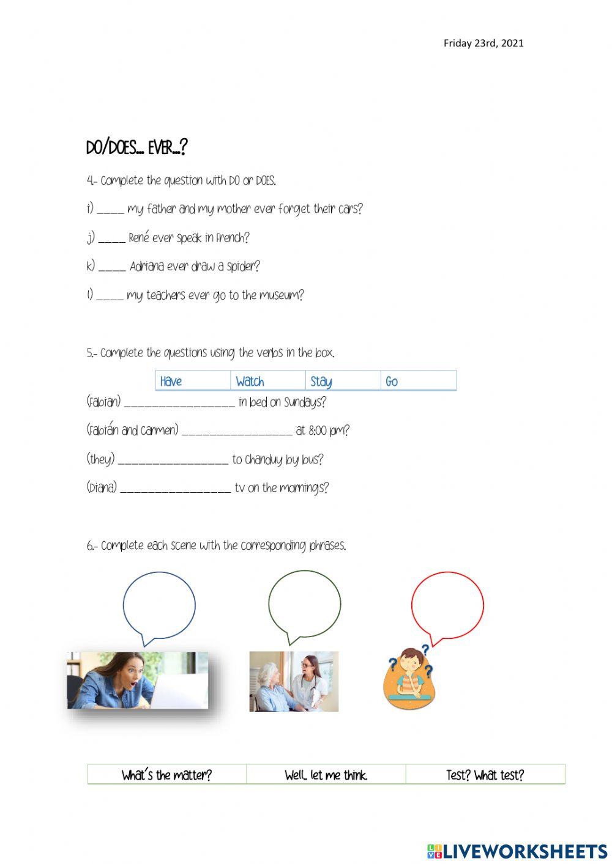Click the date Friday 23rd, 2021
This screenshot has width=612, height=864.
click(483, 43)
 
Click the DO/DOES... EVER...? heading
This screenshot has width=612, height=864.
click(136, 148)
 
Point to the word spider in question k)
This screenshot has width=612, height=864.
click(243, 267)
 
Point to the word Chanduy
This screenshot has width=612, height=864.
click(263, 460)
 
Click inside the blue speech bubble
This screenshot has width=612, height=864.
click(159, 605)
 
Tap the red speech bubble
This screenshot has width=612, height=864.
click(447, 605)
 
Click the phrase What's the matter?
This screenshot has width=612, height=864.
click(166, 775)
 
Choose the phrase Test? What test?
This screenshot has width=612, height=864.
click(485, 775)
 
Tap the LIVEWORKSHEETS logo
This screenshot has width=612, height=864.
click(517, 851)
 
